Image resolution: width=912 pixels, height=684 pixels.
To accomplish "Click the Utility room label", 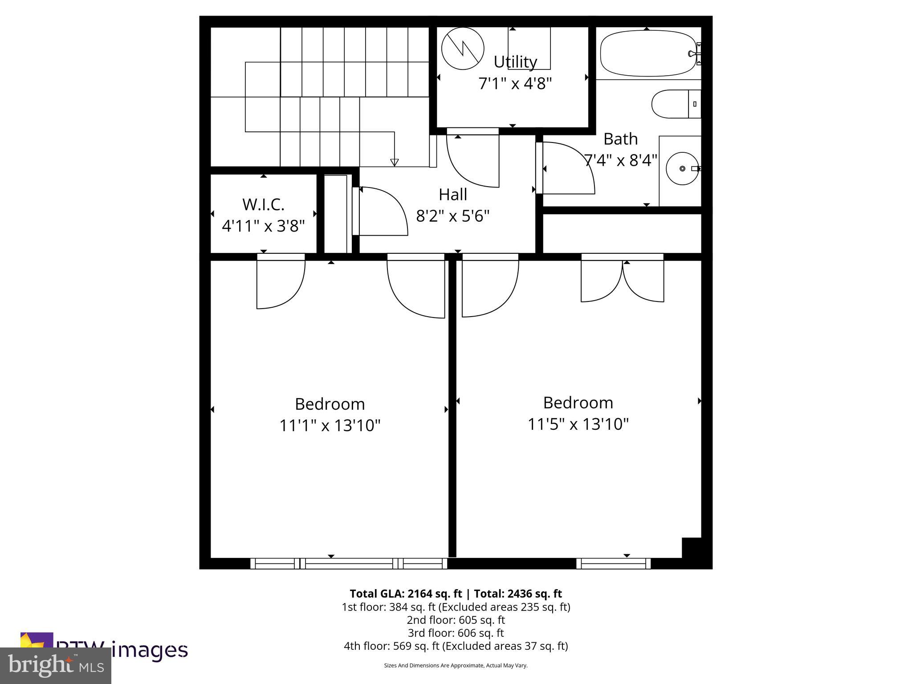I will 515,62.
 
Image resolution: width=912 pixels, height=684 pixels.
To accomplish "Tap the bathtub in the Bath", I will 647,53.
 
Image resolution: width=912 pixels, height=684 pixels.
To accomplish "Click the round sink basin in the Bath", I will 682,168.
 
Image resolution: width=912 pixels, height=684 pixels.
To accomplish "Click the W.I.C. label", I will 263,205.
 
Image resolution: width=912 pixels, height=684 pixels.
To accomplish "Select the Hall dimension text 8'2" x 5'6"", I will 452,216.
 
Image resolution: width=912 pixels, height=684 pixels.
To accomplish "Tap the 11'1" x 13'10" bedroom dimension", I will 330,426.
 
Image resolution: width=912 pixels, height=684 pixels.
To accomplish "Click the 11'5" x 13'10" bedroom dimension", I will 578,424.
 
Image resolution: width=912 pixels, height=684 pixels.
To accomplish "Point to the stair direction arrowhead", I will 394,162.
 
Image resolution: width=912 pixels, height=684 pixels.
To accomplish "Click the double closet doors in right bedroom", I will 622,281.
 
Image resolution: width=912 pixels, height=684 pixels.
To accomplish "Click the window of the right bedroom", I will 613,564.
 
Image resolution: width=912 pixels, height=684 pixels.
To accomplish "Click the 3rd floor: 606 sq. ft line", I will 456,633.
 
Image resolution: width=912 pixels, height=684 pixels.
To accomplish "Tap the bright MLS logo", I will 55,665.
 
